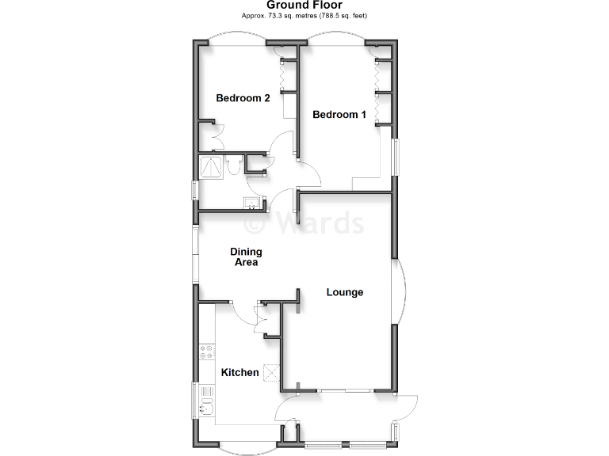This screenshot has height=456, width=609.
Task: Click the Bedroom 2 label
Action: pos(243,98)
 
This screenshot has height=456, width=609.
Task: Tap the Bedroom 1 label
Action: pos(339,115)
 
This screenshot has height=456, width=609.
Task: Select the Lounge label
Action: pos(345,292)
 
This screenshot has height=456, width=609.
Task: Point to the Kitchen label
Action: pos(239,372)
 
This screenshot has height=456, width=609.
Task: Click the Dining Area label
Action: pos(246,257)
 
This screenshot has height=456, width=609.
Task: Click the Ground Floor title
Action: pos(304,5)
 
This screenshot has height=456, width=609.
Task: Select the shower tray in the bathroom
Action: pos(211,167)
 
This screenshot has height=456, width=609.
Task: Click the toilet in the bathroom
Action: pos(233,167)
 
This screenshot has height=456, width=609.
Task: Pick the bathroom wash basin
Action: pos(252,203)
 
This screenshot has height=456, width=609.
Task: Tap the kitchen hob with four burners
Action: pos(207,351)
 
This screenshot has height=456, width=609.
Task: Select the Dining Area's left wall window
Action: pos(195,254)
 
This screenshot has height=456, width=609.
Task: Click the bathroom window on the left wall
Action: pos(195,192)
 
